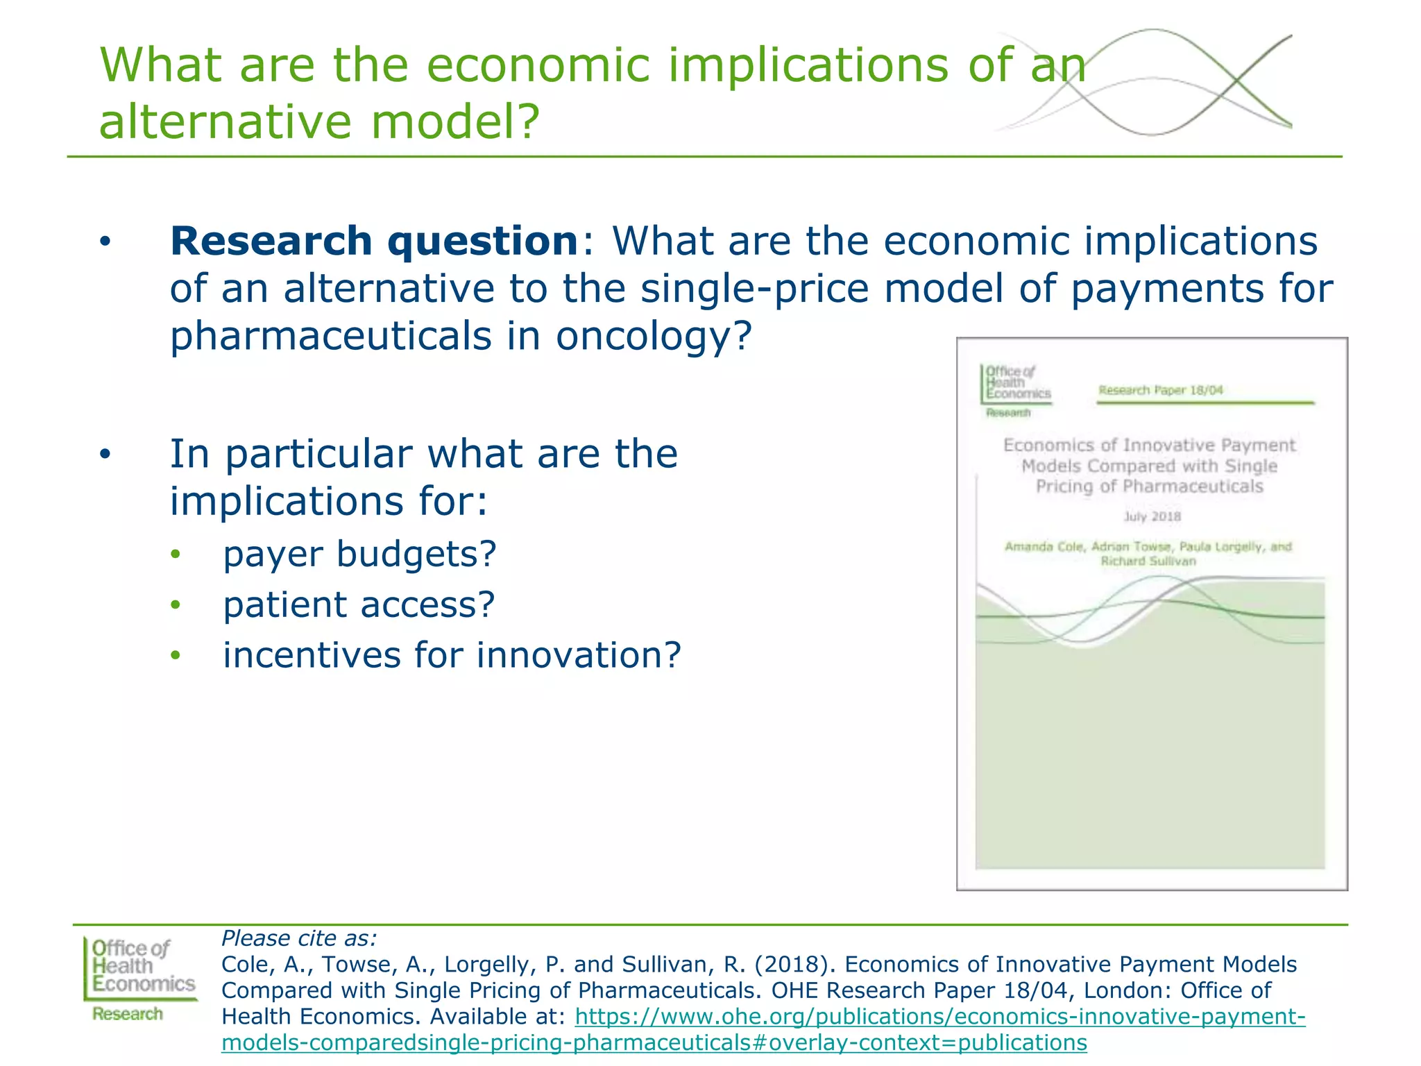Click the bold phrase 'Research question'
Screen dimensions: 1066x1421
point(374,241)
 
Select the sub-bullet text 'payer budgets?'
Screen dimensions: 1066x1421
point(359,554)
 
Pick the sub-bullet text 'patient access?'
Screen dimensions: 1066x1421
point(359,604)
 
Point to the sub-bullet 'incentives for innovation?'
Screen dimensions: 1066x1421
point(452,655)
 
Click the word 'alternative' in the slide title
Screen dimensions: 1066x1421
point(226,121)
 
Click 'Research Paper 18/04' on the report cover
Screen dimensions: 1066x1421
point(1160,390)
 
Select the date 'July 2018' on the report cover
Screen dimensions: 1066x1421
point(1152,516)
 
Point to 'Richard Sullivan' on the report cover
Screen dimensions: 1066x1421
point(1148,561)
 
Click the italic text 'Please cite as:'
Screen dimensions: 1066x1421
point(299,938)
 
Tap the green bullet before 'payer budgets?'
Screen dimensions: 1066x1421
point(176,555)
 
